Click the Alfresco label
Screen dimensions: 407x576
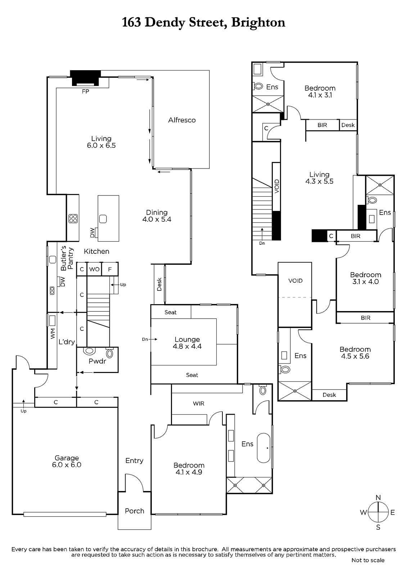tap(182, 120)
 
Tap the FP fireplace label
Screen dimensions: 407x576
tap(85, 91)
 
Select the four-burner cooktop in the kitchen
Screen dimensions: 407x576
tap(73, 219)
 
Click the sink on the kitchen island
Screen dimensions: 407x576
tap(103, 219)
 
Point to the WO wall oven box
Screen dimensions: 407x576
tap(94, 269)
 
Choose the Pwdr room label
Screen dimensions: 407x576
tap(97, 361)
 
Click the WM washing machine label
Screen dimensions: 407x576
tap(53, 333)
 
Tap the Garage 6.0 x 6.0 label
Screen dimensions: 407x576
tap(67, 461)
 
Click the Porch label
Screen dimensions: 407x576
tap(135, 511)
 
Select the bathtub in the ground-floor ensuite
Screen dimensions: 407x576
tap(263, 448)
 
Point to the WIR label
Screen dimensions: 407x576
tap(199, 404)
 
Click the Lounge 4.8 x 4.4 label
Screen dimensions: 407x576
tap(187, 343)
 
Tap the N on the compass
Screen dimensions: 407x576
tap(378, 498)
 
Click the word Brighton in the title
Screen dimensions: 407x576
tap(258, 22)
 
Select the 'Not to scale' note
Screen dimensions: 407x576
tap(368, 560)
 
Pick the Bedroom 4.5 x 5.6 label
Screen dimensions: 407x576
tap(355, 352)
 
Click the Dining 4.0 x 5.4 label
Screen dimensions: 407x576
tap(157, 216)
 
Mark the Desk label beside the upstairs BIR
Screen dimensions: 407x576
tap(348, 125)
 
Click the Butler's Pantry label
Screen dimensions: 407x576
tap(67, 258)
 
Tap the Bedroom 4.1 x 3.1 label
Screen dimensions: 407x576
tap(320, 91)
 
